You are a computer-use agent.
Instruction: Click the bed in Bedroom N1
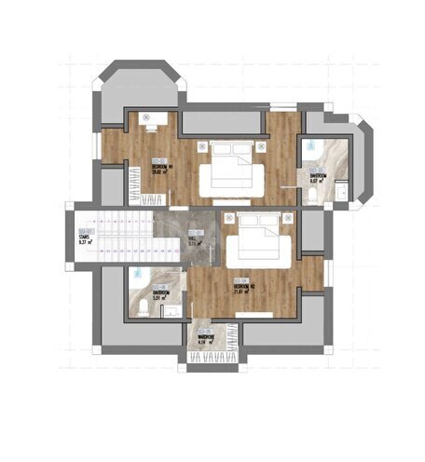tap(227, 170)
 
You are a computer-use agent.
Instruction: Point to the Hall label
tap(196, 236)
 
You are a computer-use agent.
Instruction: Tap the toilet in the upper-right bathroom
tap(316, 191)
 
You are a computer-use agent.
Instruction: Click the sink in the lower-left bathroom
tap(171, 311)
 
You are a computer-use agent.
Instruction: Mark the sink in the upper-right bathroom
tap(342, 192)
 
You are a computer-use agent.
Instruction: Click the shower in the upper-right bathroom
tap(314, 149)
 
